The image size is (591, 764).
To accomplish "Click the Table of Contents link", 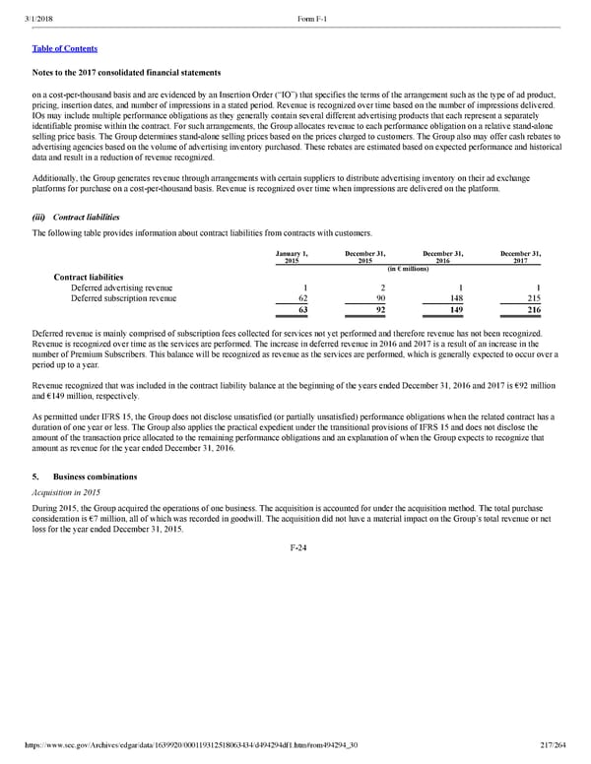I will coord(65,47).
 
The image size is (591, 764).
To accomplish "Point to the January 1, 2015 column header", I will coord(292,257).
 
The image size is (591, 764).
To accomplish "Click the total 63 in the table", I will coord(302,311).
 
